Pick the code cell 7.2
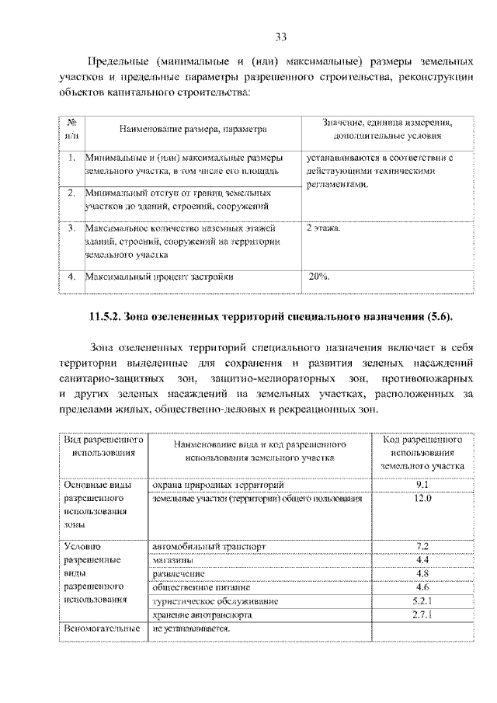click(422, 546)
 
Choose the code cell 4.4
click(422, 559)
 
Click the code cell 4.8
click(422, 573)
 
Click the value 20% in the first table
click(319, 276)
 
